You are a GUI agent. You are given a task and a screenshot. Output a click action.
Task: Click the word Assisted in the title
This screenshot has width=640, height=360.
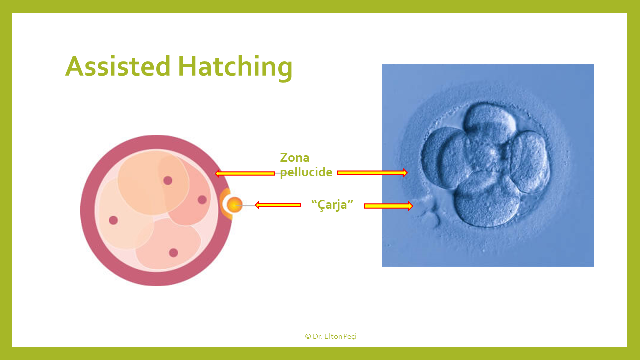(118, 66)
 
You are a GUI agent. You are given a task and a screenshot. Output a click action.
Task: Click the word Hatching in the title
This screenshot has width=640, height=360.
(235, 68)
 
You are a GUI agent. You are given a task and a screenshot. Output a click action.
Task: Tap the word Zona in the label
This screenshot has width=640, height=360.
(295, 157)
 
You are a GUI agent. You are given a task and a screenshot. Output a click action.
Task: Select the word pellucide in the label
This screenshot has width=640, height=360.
(306, 172)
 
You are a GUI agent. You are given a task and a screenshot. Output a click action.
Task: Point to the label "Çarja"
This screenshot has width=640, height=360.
(332, 204)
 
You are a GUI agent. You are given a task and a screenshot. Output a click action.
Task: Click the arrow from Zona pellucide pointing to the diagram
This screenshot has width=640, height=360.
(245, 173)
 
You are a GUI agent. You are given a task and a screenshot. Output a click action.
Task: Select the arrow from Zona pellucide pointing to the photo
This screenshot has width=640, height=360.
(372, 173)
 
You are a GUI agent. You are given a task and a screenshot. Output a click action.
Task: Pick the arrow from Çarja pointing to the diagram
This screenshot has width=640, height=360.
(277, 205)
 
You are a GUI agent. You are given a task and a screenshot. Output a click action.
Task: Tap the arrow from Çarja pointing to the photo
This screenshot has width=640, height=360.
(388, 206)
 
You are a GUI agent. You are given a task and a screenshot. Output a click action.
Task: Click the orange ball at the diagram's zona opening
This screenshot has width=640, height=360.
(234, 205)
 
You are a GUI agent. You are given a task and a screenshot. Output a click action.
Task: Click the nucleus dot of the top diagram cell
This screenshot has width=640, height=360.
(168, 180)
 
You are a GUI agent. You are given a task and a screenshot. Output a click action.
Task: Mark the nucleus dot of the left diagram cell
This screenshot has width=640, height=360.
(113, 220)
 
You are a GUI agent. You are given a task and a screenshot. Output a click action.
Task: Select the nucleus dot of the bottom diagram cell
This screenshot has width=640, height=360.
(173, 253)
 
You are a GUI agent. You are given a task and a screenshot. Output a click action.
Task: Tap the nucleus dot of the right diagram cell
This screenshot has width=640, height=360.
(202, 200)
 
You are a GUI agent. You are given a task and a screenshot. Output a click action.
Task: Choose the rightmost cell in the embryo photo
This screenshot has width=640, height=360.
(530, 161)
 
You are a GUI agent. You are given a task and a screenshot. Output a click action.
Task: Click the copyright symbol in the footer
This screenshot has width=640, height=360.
(308, 336)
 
